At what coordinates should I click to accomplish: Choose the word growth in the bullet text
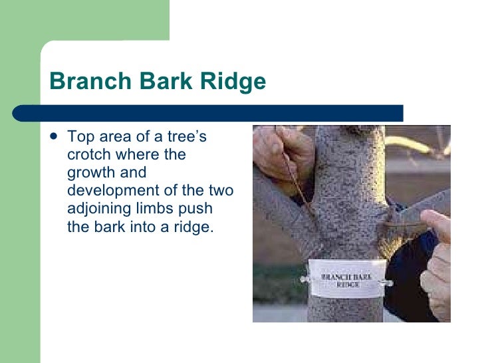(x=88, y=173)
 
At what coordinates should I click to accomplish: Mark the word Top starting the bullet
(x=80, y=138)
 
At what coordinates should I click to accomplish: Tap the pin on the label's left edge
(x=304, y=280)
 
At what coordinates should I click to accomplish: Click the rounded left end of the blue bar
(x=20, y=113)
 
